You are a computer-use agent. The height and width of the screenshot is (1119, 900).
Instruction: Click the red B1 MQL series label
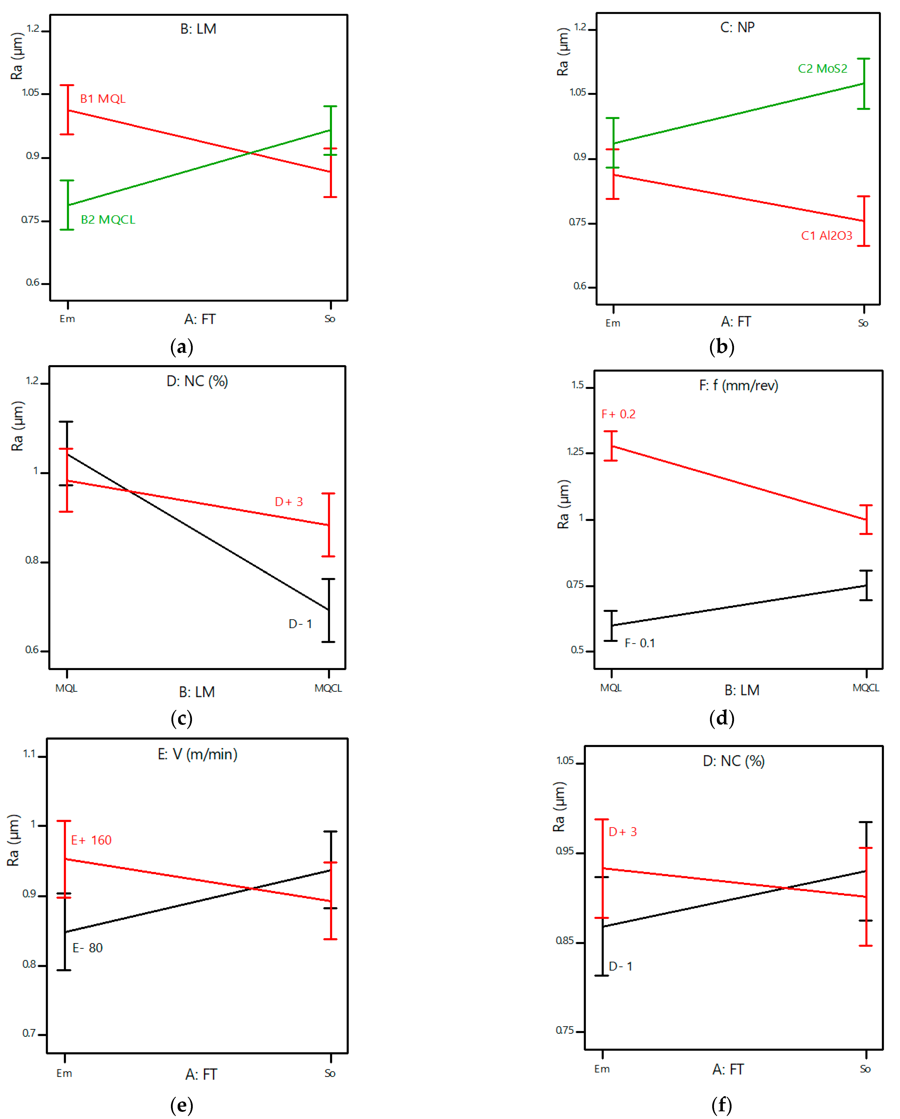(103, 99)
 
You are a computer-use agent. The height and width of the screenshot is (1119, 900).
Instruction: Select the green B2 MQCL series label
(108, 219)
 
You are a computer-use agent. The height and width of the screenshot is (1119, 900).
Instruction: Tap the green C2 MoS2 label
(822, 69)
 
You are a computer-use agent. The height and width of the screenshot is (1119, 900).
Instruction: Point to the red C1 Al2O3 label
(826, 236)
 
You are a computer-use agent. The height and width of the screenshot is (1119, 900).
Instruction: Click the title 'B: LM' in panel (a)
(198, 29)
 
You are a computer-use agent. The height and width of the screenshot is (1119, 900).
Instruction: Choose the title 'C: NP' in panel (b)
(737, 27)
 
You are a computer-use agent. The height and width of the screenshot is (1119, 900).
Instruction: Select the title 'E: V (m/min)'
(197, 754)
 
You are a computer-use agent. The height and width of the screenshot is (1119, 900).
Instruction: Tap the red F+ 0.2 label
(618, 414)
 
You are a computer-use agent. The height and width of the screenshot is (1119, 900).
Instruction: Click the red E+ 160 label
(91, 840)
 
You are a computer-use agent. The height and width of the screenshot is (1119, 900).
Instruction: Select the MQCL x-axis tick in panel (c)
(328, 688)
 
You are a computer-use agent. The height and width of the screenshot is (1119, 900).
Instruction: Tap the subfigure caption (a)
(182, 347)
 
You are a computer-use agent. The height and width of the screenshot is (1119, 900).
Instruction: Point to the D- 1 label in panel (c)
(300, 624)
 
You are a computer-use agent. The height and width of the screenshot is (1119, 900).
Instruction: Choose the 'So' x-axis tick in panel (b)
(863, 323)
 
